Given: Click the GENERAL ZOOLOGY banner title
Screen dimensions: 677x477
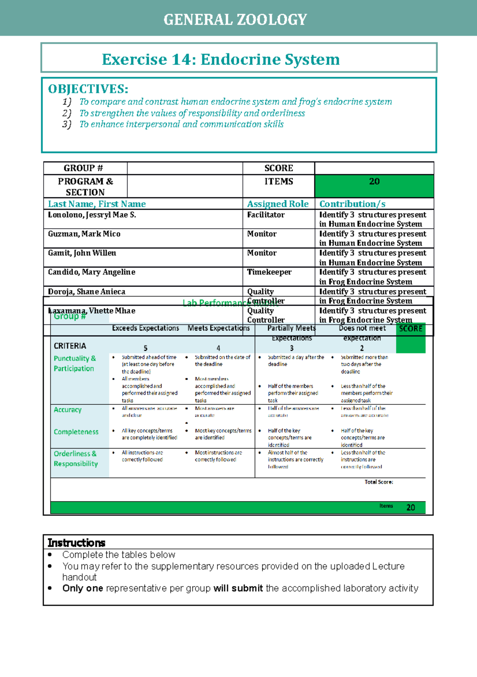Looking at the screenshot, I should tap(235, 20).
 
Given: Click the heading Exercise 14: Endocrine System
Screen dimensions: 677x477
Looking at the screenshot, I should tap(221, 59).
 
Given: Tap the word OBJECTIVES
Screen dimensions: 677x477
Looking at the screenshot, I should tap(88, 89).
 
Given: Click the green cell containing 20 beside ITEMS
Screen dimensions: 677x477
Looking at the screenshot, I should tap(374, 185).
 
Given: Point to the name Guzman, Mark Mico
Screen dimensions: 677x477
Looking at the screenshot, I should tap(84, 234).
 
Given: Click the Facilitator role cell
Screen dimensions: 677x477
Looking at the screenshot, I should tap(266, 215).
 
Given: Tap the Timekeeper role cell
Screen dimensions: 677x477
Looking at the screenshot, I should tap(269, 272).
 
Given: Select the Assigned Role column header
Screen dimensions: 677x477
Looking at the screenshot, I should tap(277, 204).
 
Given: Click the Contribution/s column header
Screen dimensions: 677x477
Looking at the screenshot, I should tap(352, 204).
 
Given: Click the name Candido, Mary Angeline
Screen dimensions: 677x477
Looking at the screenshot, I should tap(91, 272).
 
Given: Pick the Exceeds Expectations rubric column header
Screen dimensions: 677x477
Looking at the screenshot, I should tap(145, 328).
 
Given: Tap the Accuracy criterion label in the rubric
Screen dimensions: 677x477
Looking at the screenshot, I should tap(68, 410).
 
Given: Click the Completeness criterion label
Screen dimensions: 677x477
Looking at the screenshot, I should tap(76, 432).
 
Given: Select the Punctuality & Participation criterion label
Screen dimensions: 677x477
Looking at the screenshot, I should tap(75, 363).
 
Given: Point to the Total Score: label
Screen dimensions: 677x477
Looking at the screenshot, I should tap(378, 482).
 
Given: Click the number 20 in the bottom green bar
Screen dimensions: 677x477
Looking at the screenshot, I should tap(411, 507).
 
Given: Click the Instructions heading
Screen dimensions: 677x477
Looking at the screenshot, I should tap(76, 543).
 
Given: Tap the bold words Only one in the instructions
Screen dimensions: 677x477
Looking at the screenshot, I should tap(83, 588).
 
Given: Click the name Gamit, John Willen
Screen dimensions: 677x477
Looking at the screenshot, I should tap(82, 253).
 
